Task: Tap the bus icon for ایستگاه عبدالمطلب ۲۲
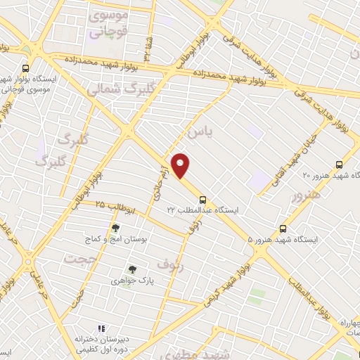pos(202,199)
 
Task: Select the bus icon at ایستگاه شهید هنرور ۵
pos(283,229)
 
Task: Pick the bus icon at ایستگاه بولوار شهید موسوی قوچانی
pos(26,69)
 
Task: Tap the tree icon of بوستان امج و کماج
pos(115,228)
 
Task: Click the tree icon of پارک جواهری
pos(131,269)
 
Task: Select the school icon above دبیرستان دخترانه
pos(101,328)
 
